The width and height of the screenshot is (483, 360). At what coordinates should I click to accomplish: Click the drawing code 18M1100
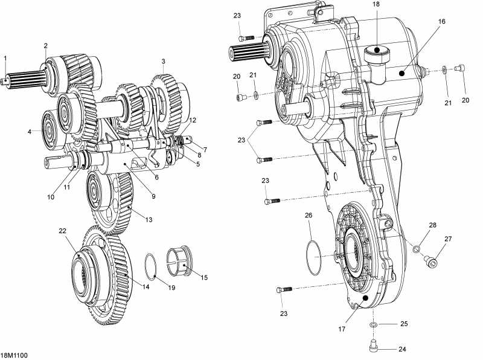(14, 355)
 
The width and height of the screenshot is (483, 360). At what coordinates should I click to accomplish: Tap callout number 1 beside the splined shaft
(5, 59)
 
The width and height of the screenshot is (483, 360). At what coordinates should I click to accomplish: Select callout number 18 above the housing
(376, 4)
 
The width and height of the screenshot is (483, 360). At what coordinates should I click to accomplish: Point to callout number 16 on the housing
(442, 21)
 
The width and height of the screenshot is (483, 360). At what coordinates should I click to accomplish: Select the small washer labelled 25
(374, 325)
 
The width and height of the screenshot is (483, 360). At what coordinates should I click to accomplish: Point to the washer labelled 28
(417, 248)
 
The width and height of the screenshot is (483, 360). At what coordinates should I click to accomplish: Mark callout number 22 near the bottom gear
(62, 231)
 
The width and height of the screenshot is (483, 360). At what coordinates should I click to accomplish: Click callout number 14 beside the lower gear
(146, 287)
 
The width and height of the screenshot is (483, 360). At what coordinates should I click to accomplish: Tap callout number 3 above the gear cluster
(163, 62)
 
